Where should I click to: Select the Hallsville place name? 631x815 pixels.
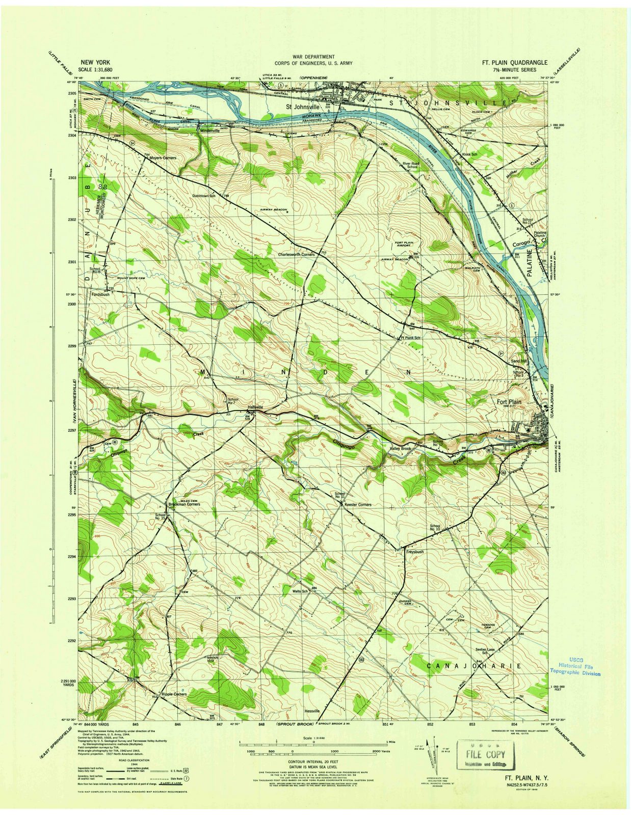[x=255, y=407]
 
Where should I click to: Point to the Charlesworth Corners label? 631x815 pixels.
[x=296, y=255]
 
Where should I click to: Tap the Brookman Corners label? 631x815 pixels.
[x=184, y=504]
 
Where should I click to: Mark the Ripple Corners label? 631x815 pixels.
[x=174, y=694]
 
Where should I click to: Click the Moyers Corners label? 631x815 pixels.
[x=163, y=158]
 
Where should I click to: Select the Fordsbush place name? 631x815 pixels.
[x=100, y=294]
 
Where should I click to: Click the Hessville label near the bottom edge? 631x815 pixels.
[x=312, y=711]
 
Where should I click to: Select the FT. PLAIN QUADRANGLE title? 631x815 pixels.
[x=515, y=63]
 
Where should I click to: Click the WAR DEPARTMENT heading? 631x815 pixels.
[x=313, y=57]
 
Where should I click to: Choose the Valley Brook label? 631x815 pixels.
[x=400, y=448]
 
